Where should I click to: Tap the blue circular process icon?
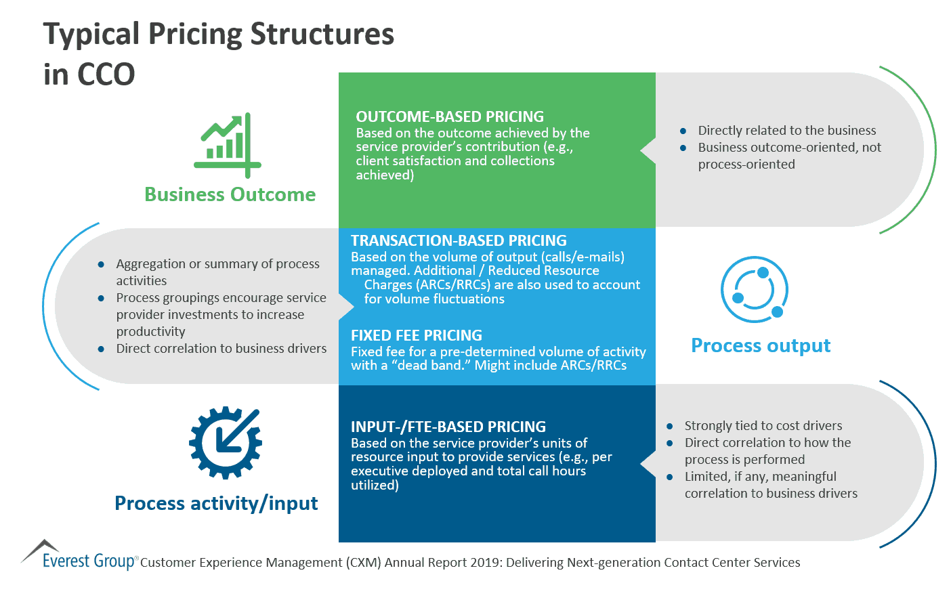pyautogui.click(x=754, y=289)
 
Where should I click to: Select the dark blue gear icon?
pyautogui.click(x=225, y=443)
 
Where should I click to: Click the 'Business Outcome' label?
pyautogui.click(x=230, y=195)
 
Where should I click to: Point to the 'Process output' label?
pyautogui.click(x=761, y=345)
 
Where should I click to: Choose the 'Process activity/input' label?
pyautogui.click(x=216, y=503)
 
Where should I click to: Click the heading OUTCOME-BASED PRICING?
pyautogui.click(x=450, y=116)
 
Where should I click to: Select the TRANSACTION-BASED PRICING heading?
pyautogui.click(x=459, y=240)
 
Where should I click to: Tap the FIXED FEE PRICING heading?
pyautogui.click(x=417, y=335)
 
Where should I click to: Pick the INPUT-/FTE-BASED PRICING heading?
pyautogui.click(x=448, y=427)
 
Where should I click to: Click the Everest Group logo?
pyautogui.click(x=79, y=557)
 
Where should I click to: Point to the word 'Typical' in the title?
pyautogui.click(x=91, y=34)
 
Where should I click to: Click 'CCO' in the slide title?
pyautogui.click(x=106, y=74)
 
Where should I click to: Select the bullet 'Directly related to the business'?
pyautogui.click(x=787, y=130)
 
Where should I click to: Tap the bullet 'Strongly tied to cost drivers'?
pyautogui.click(x=763, y=425)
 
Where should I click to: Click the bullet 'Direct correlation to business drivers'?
pyautogui.click(x=221, y=348)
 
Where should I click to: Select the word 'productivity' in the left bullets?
pyautogui.click(x=150, y=331)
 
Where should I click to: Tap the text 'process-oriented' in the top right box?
pyautogui.click(x=746, y=164)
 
